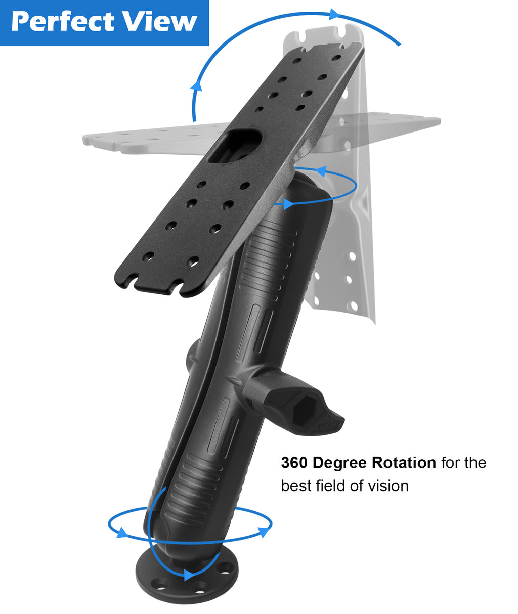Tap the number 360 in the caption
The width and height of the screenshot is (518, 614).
pos(294,463)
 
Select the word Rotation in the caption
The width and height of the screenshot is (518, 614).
pos(404,463)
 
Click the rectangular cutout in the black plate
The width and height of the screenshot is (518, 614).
pos(235,146)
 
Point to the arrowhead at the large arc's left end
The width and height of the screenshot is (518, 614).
pos(196,85)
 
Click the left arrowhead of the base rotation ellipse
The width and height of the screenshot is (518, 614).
pos(122,532)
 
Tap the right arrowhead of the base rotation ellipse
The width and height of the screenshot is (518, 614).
pos(264,532)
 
